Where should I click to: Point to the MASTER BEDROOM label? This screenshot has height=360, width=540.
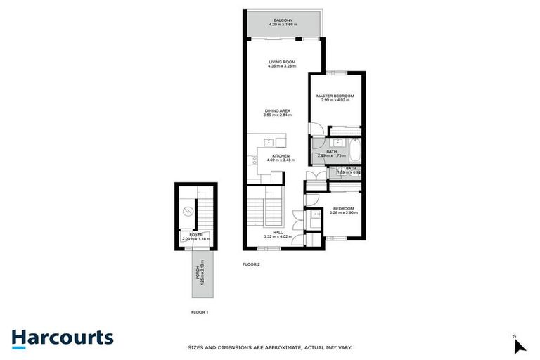335,96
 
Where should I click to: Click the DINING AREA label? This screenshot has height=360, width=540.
277,110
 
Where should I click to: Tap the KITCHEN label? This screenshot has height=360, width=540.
281,155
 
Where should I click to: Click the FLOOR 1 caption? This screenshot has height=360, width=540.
200,311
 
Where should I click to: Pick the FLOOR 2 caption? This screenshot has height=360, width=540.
251,264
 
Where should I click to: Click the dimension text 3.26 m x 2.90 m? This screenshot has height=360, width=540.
343,212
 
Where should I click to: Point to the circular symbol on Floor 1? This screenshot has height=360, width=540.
188,211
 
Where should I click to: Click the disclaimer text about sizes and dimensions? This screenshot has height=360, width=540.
270,347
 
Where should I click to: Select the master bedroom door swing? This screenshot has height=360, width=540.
316,129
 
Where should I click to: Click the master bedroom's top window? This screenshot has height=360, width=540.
335,73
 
